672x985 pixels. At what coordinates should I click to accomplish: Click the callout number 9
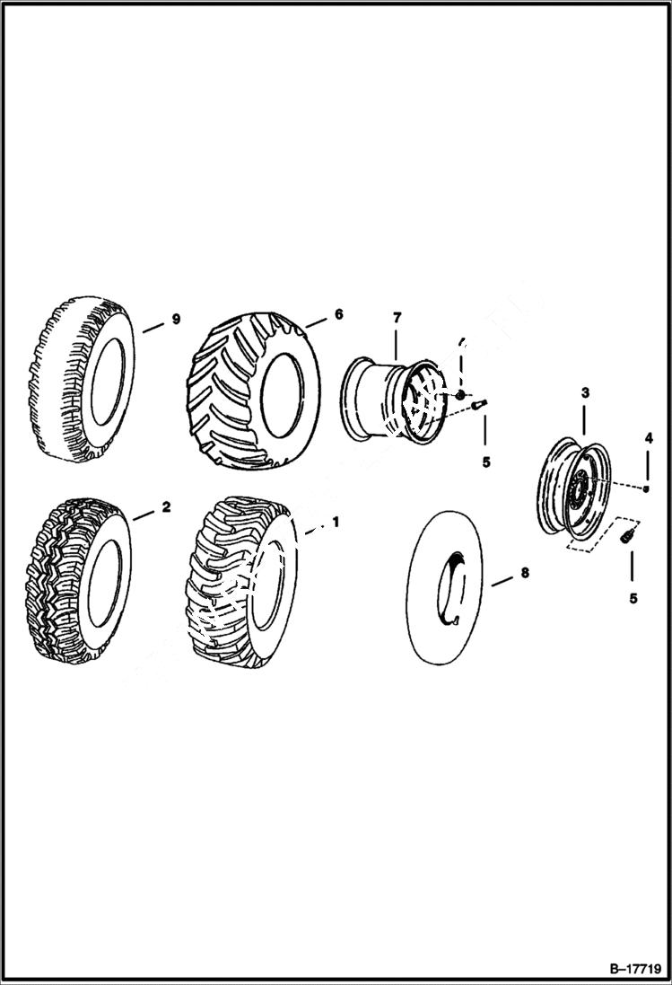(176, 320)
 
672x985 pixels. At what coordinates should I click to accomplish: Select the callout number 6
(338, 314)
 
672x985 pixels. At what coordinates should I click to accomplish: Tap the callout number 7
(397, 318)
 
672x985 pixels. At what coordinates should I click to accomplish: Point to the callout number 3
(584, 392)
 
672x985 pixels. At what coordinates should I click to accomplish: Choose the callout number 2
(166, 507)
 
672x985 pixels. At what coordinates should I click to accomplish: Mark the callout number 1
(336, 522)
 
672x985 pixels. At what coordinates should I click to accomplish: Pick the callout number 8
(524, 571)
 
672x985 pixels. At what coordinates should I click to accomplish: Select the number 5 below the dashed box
(633, 598)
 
